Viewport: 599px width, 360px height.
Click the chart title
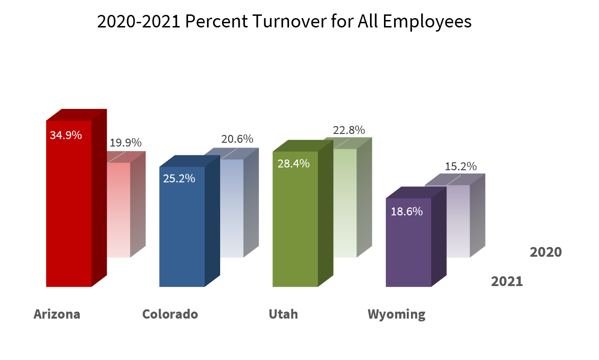pos(284,22)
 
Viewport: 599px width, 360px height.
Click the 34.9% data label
pos(66,135)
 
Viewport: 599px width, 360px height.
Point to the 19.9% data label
pos(125,143)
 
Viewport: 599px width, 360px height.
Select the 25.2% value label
pos(179,178)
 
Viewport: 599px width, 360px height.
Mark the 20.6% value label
pos(237,139)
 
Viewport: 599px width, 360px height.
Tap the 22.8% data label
pos(349,130)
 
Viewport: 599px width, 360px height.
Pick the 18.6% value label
pos(406,211)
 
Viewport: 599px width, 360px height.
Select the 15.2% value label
pos(460,166)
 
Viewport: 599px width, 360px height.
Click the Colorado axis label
pos(170,314)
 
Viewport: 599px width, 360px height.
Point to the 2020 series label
pos(545,252)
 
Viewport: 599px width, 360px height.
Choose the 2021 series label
pos(507,281)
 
